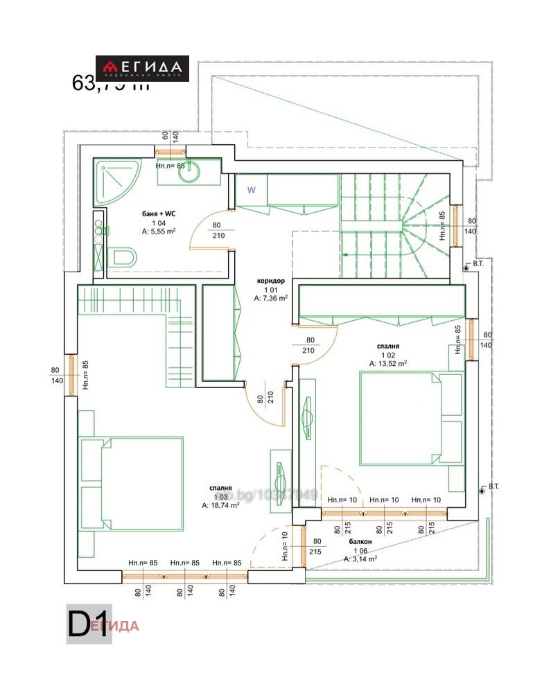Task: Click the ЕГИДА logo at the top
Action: point(142,68)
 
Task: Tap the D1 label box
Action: point(89,624)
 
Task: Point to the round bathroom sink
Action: point(189,173)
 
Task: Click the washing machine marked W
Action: point(252,189)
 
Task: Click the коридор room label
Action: point(271,281)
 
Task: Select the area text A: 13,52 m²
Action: point(387,362)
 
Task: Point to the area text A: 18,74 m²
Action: point(220,506)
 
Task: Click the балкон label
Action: point(360,541)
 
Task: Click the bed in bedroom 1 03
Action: point(135,483)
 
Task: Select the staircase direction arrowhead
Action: point(344,255)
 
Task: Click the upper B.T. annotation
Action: point(478,264)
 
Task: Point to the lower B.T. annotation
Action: point(493,486)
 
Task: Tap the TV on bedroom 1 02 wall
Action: point(307,419)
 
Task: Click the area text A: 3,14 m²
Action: point(360,559)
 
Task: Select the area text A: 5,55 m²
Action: point(159,231)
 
